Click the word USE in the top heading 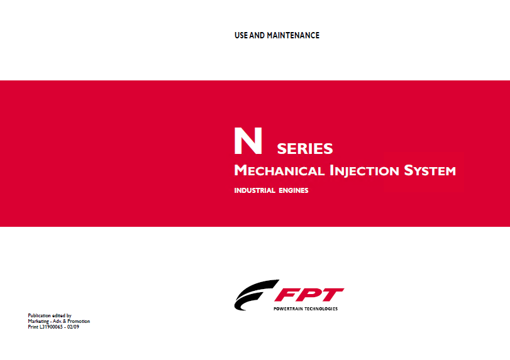click(x=241, y=35)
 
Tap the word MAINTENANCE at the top click(x=293, y=35)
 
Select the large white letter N click(x=248, y=141)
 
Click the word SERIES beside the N click(x=305, y=149)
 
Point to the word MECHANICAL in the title click(x=279, y=171)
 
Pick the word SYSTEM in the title click(x=430, y=171)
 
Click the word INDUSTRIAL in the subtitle click(x=255, y=190)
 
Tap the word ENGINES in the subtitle click(x=294, y=190)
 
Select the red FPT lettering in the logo click(x=309, y=295)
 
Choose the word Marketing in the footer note click(x=38, y=321)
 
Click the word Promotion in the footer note click(x=79, y=321)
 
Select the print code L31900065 click(x=51, y=327)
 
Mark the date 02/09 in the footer click(x=73, y=327)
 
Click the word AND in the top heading click(x=257, y=35)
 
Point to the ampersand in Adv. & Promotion click(x=65, y=321)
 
